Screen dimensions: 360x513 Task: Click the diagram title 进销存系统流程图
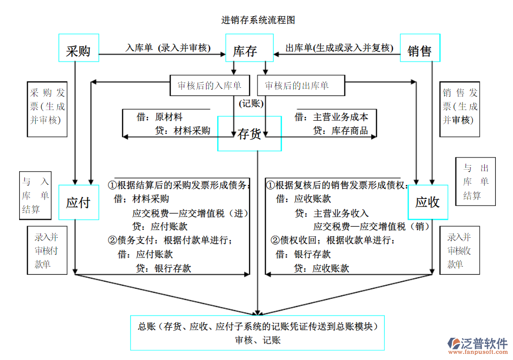click(x=258, y=20)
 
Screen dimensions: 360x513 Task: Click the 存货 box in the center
click(x=249, y=134)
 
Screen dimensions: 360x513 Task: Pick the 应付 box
click(x=79, y=202)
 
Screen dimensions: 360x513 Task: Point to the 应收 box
click(x=428, y=202)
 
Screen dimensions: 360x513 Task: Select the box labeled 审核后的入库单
click(x=210, y=86)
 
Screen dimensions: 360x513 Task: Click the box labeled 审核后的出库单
click(x=297, y=86)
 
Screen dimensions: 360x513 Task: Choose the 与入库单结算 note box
click(x=35, y=195)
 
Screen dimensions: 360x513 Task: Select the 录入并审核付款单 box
click(x=47, y=250)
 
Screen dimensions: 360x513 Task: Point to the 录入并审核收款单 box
click(x=459, y=250)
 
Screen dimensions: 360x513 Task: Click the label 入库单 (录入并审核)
click(x=168, y=48)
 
